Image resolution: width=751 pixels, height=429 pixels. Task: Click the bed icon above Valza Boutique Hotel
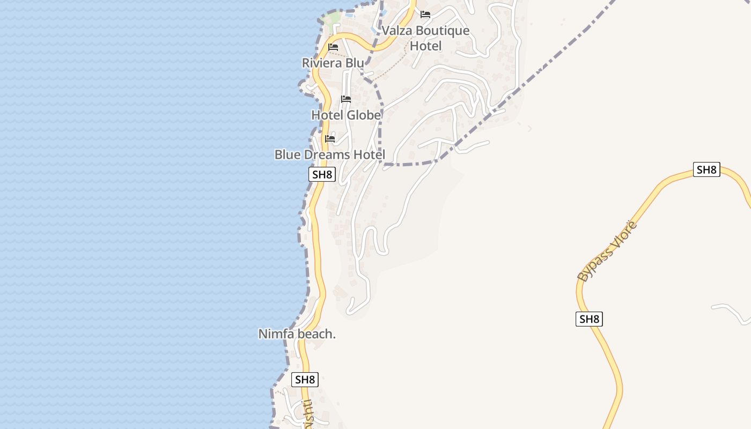click(425, 14)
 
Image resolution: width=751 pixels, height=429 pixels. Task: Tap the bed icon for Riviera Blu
click(333, 47)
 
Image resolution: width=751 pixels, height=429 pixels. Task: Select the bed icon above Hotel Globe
click(346, 99)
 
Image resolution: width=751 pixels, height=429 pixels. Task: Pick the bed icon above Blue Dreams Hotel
click(330, 139)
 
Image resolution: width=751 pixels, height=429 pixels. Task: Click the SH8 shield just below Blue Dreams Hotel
click(322, 174)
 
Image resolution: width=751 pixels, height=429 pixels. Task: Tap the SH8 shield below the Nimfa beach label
click(305, 380)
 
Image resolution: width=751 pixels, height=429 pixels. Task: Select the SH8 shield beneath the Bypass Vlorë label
click(589, 319)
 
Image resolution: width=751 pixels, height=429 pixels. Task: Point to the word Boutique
click(443, 31)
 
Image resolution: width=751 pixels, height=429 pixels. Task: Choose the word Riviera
click(322, 63)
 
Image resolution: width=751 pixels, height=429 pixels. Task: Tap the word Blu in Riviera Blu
click(355, 63)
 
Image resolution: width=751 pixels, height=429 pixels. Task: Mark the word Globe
click(364, 115)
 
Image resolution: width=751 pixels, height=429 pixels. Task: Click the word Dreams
click(328, 154)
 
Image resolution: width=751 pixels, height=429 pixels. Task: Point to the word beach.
click(316, 334)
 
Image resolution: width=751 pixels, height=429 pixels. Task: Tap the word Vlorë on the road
click(624, 234)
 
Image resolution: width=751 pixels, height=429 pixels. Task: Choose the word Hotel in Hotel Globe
click(327, 115)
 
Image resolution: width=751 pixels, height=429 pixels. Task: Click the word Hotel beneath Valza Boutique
click(426, 46)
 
